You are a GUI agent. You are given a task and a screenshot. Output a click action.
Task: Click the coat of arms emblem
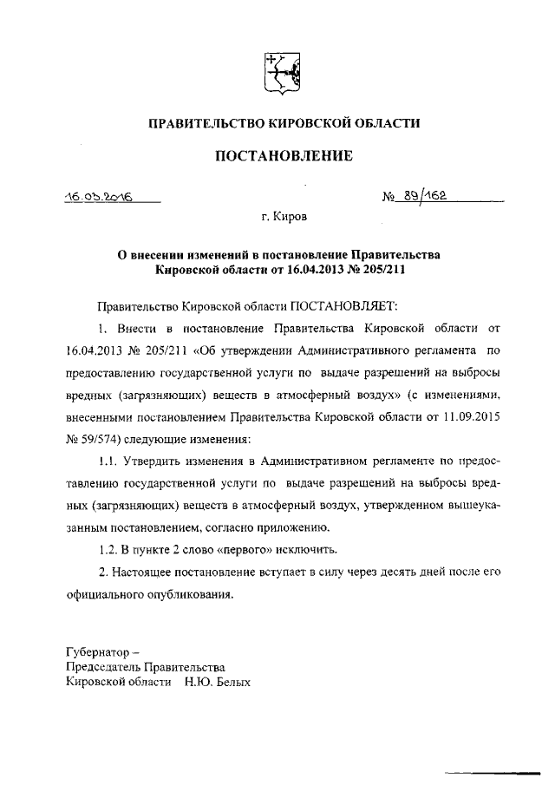pos(282,70)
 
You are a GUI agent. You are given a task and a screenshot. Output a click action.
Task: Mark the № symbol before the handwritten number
pos(388,198)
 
